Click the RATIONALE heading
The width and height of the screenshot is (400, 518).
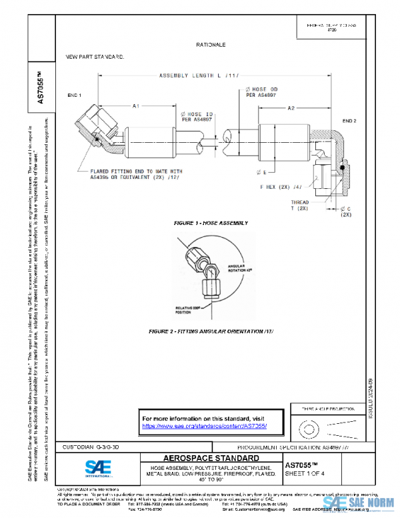click(x=211, y=45)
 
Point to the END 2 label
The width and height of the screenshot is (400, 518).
click(x=349, y=121)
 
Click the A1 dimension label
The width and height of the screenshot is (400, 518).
click(x=136, y=106)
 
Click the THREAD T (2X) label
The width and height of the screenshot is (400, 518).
click(x=299, y=205)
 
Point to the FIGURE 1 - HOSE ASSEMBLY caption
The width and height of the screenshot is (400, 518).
click(x=211, y=221)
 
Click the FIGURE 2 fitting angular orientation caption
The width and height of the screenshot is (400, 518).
click(x=211, y=331)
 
